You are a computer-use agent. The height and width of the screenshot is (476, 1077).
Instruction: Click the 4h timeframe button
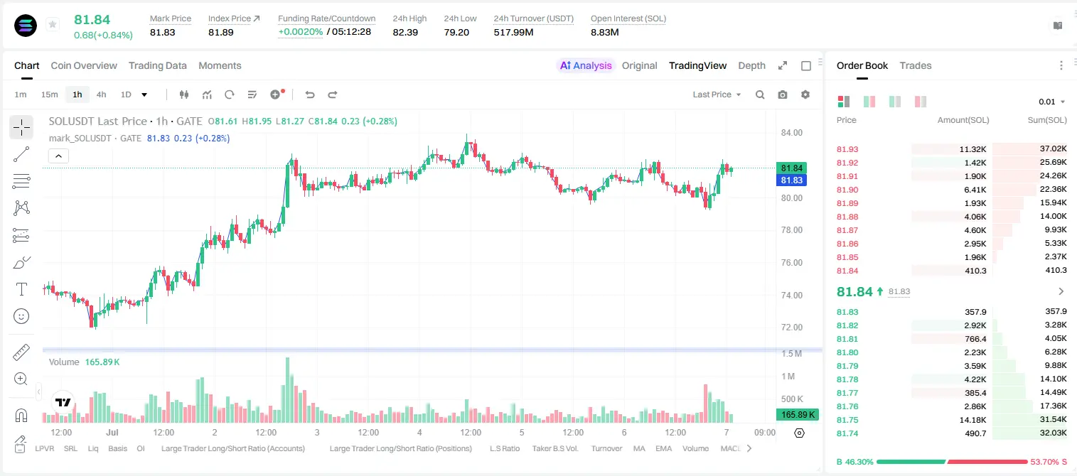point(101,94)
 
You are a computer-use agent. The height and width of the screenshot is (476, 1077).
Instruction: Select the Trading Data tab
point(158,65)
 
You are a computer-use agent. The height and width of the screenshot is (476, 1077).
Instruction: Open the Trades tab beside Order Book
point(916,65)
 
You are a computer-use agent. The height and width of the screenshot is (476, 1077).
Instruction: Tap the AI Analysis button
point(586,65)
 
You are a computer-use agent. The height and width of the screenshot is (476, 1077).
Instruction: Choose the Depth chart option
point(751,65)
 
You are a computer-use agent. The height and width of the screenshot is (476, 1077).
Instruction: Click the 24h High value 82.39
point(405,32)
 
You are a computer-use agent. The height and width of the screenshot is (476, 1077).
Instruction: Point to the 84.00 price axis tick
point(791,133)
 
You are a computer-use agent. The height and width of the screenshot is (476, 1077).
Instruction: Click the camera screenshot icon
point(783,94)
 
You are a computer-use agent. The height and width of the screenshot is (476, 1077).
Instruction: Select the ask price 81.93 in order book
point(847,149)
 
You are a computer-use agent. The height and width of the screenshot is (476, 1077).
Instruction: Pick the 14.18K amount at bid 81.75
point(972,420)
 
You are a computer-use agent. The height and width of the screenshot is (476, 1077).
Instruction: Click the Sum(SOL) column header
point(1047,120)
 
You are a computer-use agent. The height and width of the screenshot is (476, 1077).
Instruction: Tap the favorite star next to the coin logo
point(53,24)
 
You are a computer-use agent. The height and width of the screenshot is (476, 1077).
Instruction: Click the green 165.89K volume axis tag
point(798,414)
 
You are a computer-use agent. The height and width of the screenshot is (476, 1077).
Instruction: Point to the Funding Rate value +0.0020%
point(301,32)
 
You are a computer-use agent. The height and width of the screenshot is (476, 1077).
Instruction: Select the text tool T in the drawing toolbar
point(21,289)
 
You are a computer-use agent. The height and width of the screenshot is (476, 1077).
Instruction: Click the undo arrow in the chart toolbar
point(310,94)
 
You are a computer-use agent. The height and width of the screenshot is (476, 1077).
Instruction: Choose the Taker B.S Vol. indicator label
point(554,448)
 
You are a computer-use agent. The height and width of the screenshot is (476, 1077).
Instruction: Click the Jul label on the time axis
point(112,432)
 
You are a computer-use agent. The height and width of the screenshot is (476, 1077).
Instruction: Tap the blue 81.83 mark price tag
point(791,180)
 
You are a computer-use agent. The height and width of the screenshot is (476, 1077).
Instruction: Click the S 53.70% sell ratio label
point(1049,462)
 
